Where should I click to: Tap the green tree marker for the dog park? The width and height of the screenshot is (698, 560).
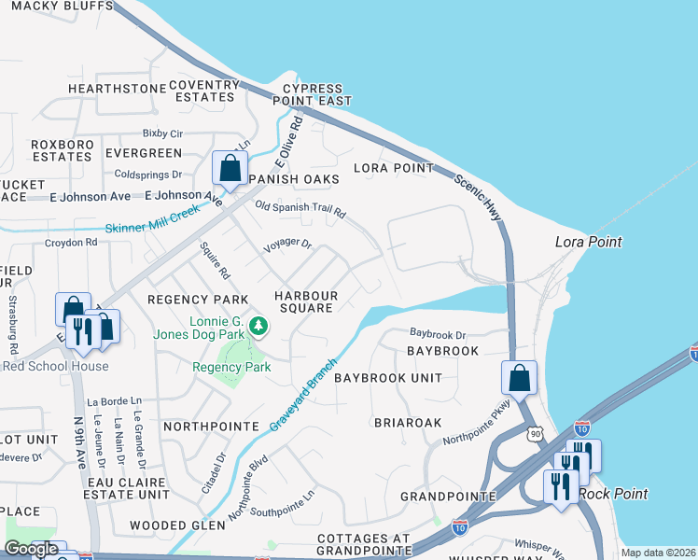(261, 327)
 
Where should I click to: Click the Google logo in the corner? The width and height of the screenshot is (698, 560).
(31, 549)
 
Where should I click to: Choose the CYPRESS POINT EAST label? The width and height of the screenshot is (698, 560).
(311, 94)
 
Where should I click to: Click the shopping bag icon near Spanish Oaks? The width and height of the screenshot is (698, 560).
(229, 168)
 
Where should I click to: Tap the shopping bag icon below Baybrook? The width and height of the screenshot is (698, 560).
(518, 377)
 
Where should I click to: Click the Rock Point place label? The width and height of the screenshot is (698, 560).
(607, 493)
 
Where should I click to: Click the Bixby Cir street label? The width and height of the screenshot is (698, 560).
(162, 133)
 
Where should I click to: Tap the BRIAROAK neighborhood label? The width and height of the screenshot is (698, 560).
(408, 422)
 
